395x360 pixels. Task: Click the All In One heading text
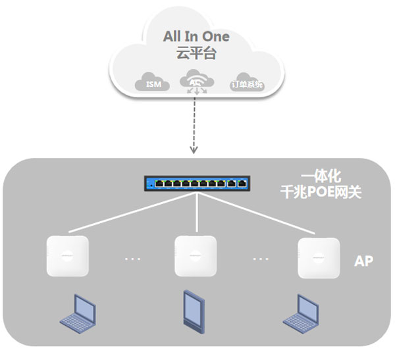pyautogui.click(x=196, y=36)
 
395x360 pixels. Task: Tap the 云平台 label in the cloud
pyautogui.click(x=196, y=53)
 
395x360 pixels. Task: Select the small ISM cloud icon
pyautogui.click(x=153, y=82)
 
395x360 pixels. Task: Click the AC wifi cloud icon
pyautogui.click(x=197, y=80)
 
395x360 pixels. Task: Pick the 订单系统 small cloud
pyautogui.click(x=247, y=82)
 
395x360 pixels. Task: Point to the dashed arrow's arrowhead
pyautogui.click(x=194, y=150)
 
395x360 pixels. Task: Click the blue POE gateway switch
pyautogui.click(x=197, y=184)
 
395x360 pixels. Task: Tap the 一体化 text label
pyautogui.click(x=321, y=176)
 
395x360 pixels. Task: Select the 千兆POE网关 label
pyautogui.click(x=321, y=192)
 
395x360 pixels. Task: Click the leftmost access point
pyautogui.click(x=68, y=256)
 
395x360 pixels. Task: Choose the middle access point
pyautogui.click(x=196, y=256)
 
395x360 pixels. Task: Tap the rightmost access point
pyautogui.click(x=319, y=258)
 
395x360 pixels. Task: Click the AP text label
pyautogui.click(x=363, y=261)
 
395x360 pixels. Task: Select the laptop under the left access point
pyautogui.click(x=78, y=314)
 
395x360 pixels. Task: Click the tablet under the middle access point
pyautogui.click(x=194, y=312)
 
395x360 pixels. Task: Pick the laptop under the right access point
pyautogui.click(x=302, y=314)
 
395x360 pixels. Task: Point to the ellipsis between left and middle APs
pyautogui.click(x=132, y=259)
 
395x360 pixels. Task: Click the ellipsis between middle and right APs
pyautogui.click(x=261, y=259)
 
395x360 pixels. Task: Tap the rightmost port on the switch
pyautogui.click(x=242, y=184)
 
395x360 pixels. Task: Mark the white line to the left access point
pyautogui.click(x=133, y=213)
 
